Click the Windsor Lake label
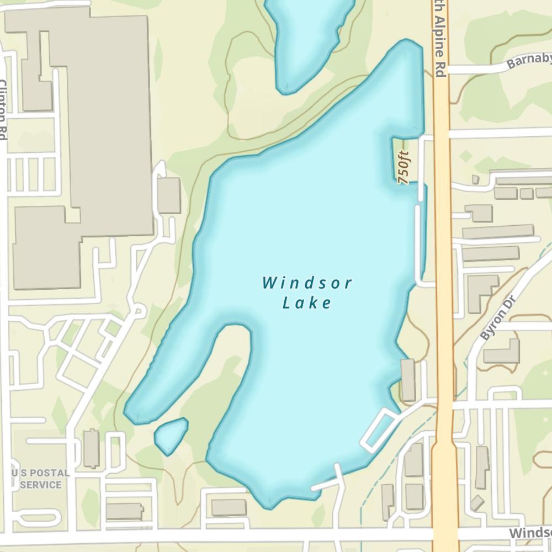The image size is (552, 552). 307,293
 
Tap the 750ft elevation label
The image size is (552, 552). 405,167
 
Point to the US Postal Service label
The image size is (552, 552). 41,479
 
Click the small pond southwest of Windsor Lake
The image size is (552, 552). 171,434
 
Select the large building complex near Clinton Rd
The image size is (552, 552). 83,138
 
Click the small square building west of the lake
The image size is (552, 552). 169,195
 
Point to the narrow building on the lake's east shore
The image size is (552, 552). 408,380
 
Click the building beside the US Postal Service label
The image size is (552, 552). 91,448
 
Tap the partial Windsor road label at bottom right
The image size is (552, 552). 530,533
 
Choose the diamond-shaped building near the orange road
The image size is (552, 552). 477,503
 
